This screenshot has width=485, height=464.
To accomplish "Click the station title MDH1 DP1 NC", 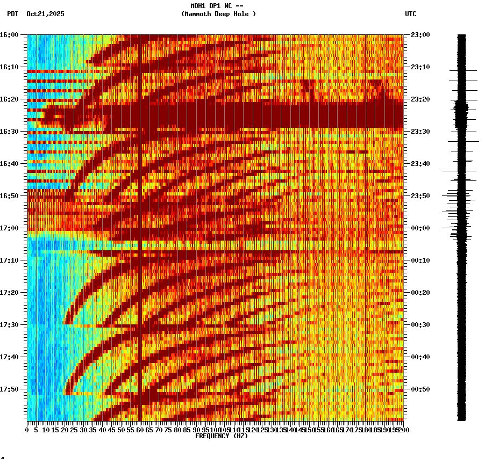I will click(213, 6).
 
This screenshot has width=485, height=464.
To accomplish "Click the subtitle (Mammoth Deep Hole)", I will click(218, 14).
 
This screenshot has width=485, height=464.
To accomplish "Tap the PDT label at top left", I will click(12, 14).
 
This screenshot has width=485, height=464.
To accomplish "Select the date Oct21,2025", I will click(45, 14).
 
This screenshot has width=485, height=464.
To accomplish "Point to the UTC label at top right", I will click(410, 14).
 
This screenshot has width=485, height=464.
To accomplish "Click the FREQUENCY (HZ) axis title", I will click(222, 436).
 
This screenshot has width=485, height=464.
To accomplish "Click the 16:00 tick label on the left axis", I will click(9, 35).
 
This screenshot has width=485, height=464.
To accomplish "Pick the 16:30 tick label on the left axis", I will click(9, 132).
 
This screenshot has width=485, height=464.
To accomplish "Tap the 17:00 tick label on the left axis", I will click(9, 228).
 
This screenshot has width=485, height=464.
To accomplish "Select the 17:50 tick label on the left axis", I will click(9, 389).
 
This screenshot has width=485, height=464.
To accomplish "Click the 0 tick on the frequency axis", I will click(27, 430).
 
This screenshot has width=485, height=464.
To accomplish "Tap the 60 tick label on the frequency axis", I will click(140, 430).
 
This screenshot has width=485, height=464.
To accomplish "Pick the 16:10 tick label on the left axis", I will click(9, 67).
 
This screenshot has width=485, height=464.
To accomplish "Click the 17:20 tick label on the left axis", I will click(9, 293).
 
